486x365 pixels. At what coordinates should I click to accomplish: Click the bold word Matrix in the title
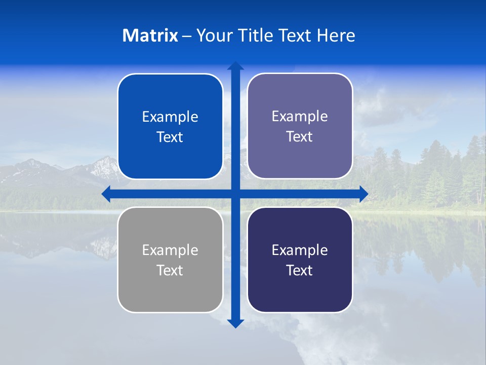click(150, 35)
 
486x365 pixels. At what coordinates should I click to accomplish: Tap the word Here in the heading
click(336, 35)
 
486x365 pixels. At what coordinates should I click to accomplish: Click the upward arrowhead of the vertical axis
click(235, 66)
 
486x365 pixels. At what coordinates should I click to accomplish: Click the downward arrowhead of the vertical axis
click(235, 323)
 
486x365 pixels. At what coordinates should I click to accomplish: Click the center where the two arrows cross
click(235, 194)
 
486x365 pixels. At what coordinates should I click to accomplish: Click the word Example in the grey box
click(170, 250)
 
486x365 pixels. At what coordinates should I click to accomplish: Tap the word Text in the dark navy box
click(300, 270)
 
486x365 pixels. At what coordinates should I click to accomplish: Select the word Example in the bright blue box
click(170, 117)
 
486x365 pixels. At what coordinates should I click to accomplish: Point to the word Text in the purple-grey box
click(300, 136)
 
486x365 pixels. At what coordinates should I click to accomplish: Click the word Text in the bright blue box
click(170, 137)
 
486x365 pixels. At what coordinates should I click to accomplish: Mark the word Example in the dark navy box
click(300, 250)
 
